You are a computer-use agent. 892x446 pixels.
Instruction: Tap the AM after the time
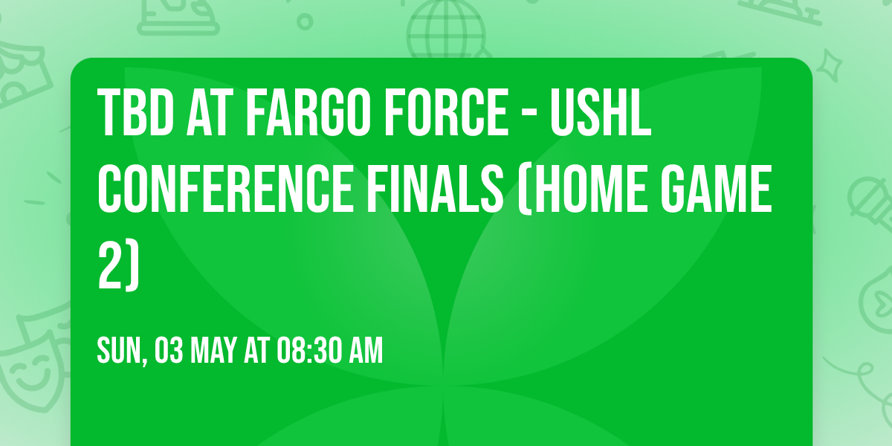364,351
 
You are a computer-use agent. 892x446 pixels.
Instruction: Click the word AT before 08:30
256,351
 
